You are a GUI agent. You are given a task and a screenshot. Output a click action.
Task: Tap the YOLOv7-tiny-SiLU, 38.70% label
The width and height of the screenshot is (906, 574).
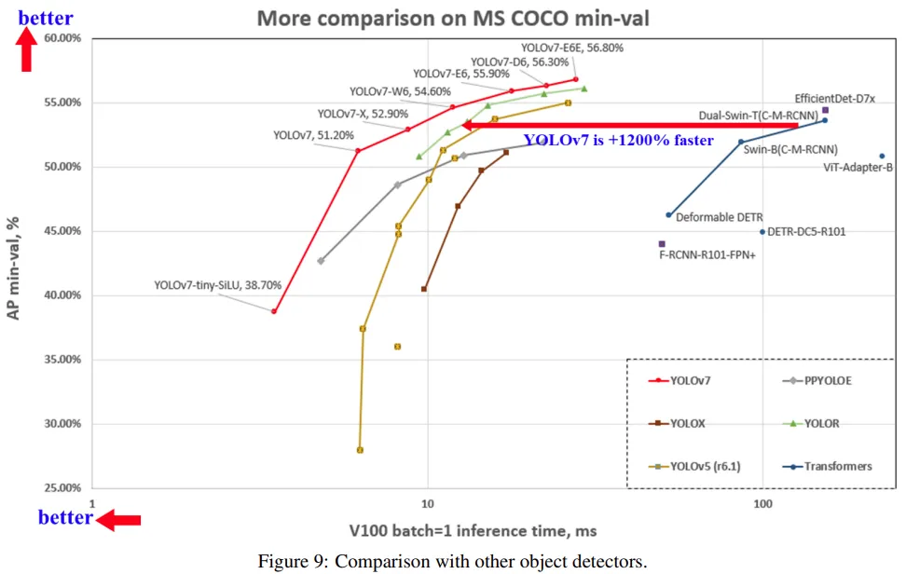click(217, 286)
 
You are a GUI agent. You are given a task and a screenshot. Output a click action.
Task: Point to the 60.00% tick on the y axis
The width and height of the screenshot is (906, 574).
click(62, 38)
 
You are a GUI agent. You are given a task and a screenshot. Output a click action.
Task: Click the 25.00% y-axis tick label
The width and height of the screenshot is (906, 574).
click(62, 488)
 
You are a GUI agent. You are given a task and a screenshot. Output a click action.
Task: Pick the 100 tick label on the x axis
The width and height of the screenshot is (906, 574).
click(762, 504)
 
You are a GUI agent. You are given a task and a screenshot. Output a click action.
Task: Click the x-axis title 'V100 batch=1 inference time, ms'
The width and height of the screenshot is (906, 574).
click(473, 531)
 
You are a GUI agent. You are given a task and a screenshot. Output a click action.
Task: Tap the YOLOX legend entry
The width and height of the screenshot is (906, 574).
click(687, 423)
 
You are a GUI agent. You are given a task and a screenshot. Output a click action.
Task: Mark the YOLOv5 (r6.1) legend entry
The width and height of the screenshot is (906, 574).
click(707, 466)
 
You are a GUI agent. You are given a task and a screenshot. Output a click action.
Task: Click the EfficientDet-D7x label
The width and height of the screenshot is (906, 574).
click(834, 98)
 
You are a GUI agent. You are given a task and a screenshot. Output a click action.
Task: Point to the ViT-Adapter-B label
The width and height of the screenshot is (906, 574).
click(858, 168)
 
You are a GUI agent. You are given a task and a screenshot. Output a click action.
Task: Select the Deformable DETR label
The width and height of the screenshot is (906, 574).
click(719, 218)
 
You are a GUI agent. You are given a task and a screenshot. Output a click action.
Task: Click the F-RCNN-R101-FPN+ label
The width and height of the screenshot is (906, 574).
click(707, 253)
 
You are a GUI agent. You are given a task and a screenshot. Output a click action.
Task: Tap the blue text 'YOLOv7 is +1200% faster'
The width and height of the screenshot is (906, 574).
click(618, 141)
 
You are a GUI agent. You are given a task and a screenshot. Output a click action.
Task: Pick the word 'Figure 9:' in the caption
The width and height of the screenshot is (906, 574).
click(291, 561)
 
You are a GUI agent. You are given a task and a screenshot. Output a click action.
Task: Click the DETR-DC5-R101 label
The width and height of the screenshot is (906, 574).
click(808, 231)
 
